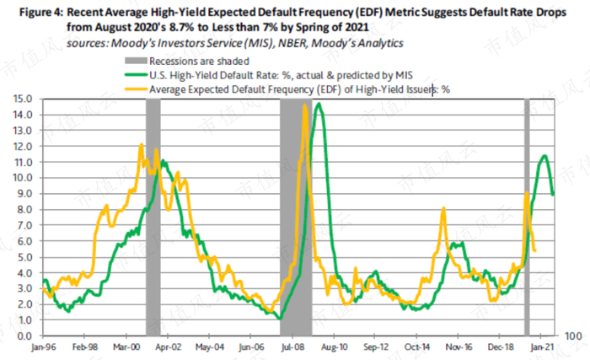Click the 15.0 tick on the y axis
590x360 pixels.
click(23, 99)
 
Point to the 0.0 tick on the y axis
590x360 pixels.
click(24, 336)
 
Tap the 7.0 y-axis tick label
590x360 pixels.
click(24, 225)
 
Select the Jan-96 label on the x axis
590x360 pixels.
click(43, 347)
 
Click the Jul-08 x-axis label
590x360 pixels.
click(292, 347)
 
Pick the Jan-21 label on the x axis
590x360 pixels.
click(539, 347)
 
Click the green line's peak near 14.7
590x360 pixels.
click(319, 104)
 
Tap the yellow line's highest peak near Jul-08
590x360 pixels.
click(303, 105)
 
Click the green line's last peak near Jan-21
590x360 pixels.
click(545, 155)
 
